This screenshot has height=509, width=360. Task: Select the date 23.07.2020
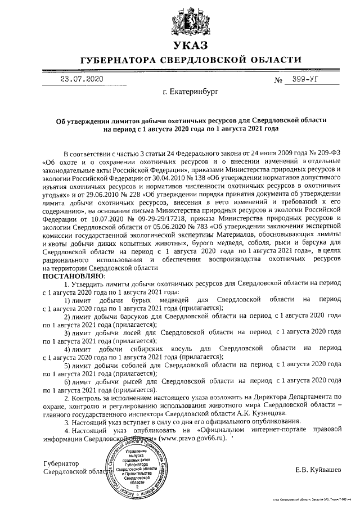(82, 79)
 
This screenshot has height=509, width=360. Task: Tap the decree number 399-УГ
(301, 80)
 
